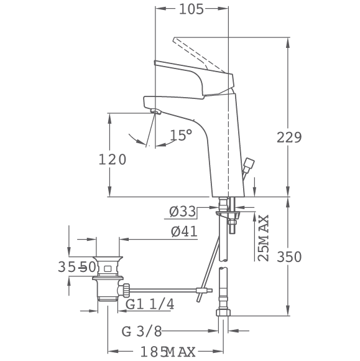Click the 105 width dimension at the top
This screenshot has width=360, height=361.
191,9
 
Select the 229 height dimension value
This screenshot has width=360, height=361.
288,138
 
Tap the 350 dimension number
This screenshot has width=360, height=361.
288,256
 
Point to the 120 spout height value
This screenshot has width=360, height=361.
113,159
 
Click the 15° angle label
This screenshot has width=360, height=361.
181,134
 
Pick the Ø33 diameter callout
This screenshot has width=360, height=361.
183,212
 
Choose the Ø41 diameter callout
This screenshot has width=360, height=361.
184,232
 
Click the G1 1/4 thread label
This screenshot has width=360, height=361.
150,304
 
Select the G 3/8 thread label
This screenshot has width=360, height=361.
142,332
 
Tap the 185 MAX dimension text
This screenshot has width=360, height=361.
168,352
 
